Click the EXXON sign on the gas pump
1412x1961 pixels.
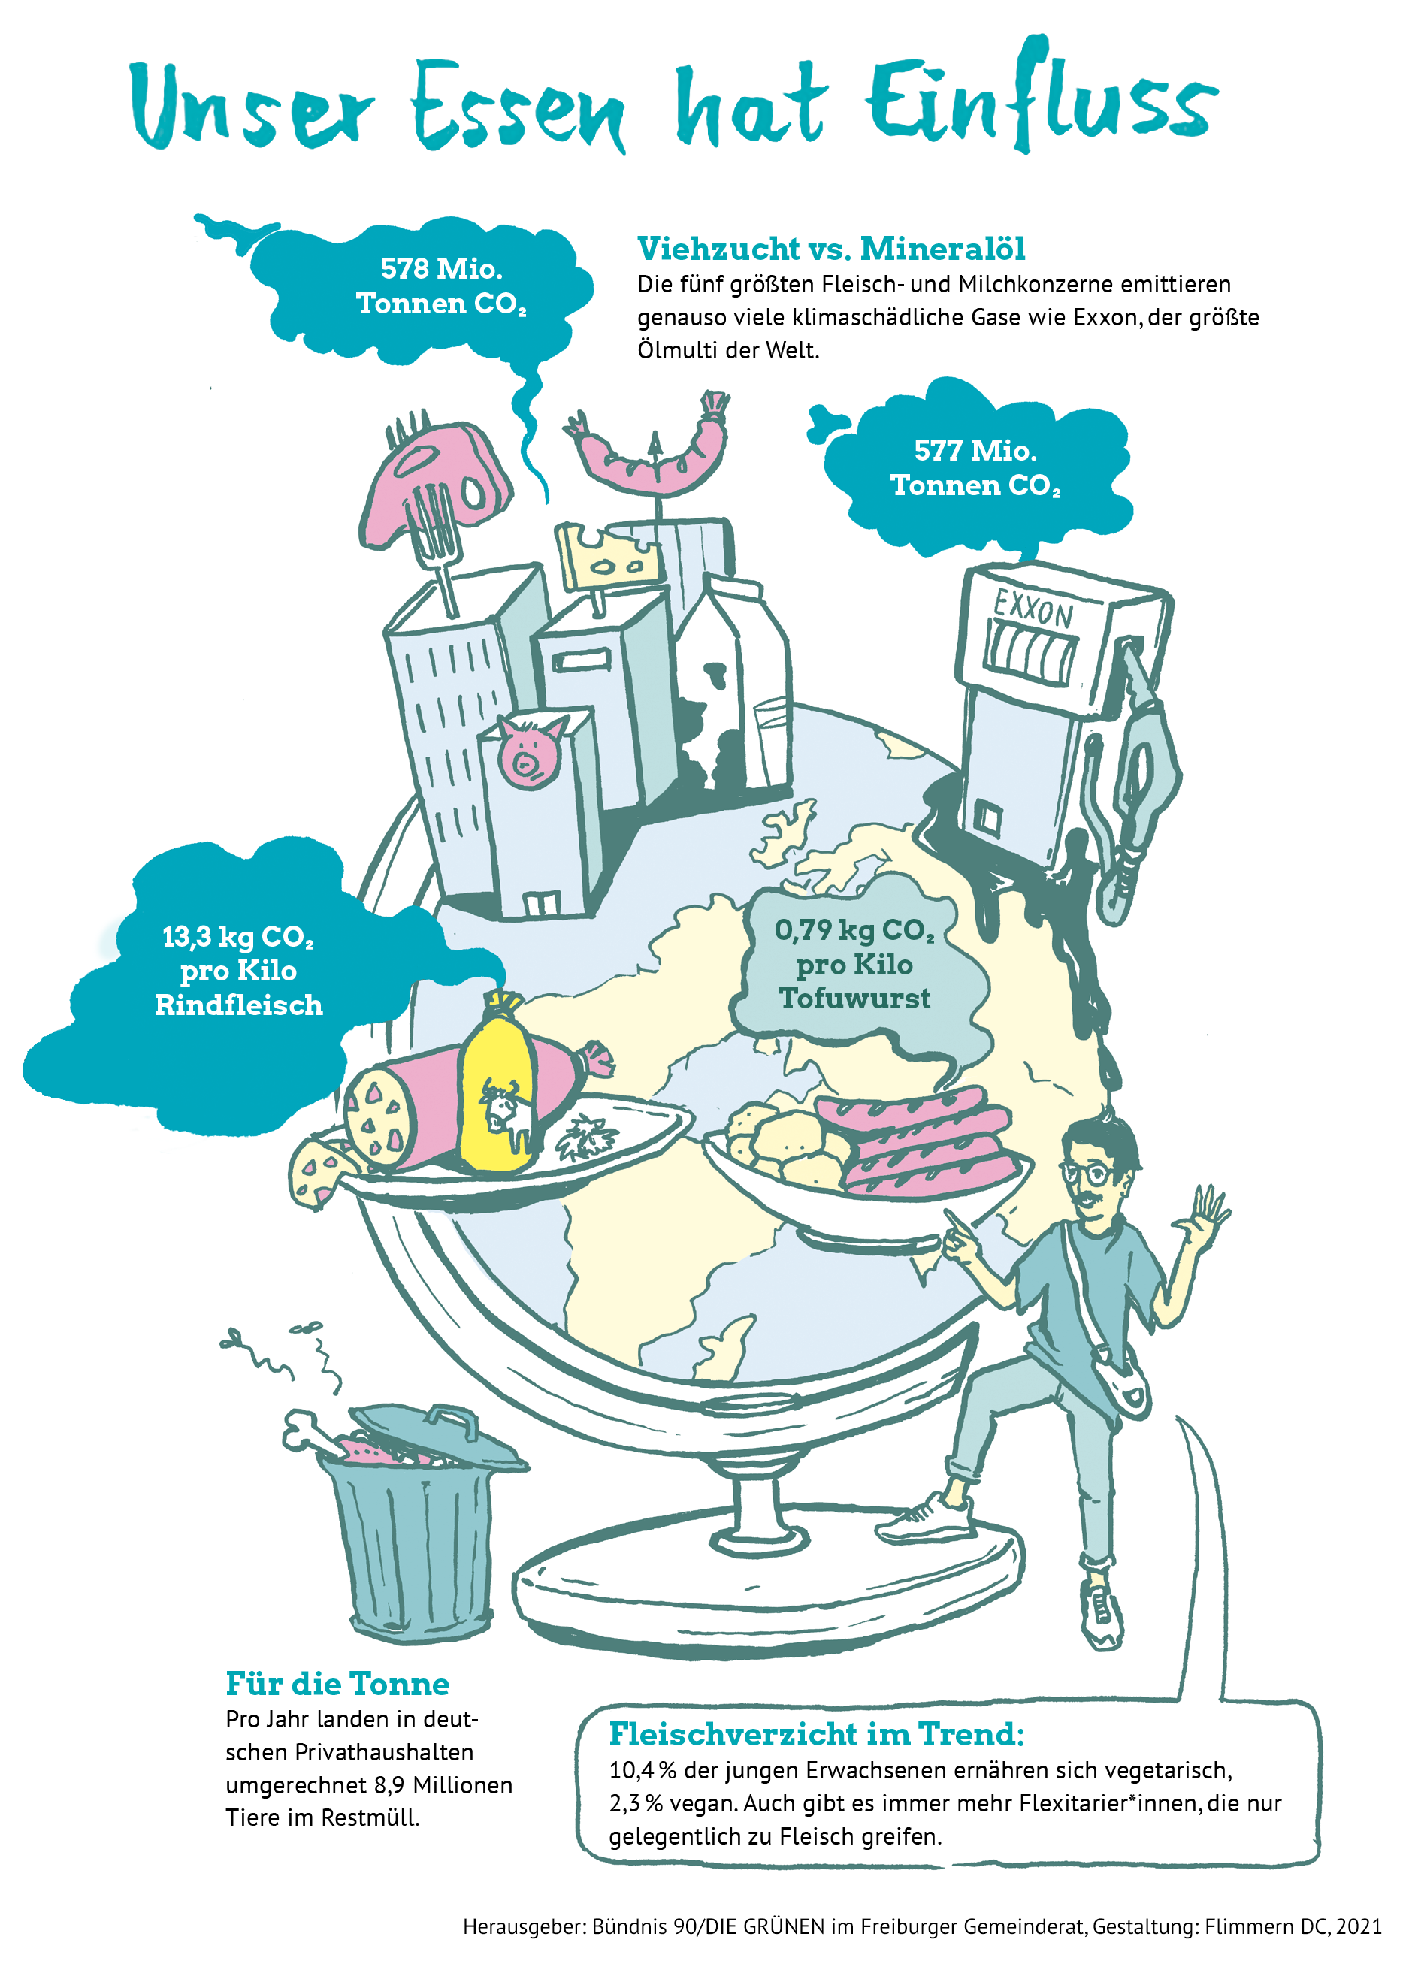pyautogui.click(x=1033, y=609)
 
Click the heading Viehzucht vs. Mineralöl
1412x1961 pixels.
pyautogui.click(x=831, y=249)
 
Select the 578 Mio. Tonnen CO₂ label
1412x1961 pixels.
pyautogui.click(x=441, y=286)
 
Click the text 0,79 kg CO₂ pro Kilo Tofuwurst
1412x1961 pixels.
pyautogui.click(x=854, y=964)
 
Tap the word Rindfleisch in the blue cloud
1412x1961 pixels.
pyautogui.click(x=239, y=1005)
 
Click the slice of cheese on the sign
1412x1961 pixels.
pyautogui.click(x=607, y=557)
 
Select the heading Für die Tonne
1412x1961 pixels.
pyautogui.click(x=337, y=1685)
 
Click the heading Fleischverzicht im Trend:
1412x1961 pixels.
pyautogui.click(x=816, y=1734)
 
